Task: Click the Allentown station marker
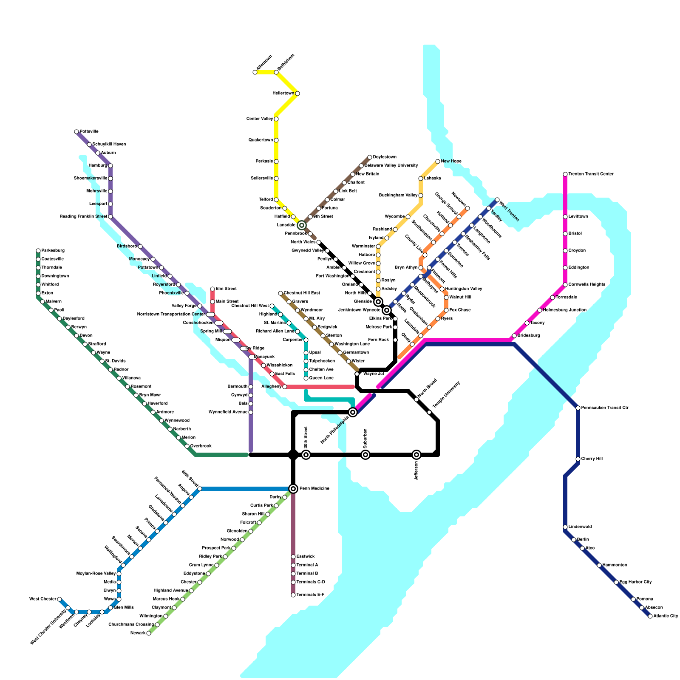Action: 255,72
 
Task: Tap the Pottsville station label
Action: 89,132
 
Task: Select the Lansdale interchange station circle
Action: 302,225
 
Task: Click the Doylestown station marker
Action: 370,157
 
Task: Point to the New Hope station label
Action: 451,161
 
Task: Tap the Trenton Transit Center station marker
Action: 565,174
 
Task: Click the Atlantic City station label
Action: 666,616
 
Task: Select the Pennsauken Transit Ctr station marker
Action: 578,408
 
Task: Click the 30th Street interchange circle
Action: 306,455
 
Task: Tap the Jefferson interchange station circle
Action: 416,455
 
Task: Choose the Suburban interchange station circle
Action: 365,455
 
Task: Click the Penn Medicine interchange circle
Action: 293,489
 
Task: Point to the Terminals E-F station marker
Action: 293,595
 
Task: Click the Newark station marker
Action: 149,633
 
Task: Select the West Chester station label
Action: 42,599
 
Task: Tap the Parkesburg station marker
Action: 38,251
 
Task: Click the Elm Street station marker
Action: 212,289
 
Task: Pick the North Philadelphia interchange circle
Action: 353,412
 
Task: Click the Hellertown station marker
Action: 297,93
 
